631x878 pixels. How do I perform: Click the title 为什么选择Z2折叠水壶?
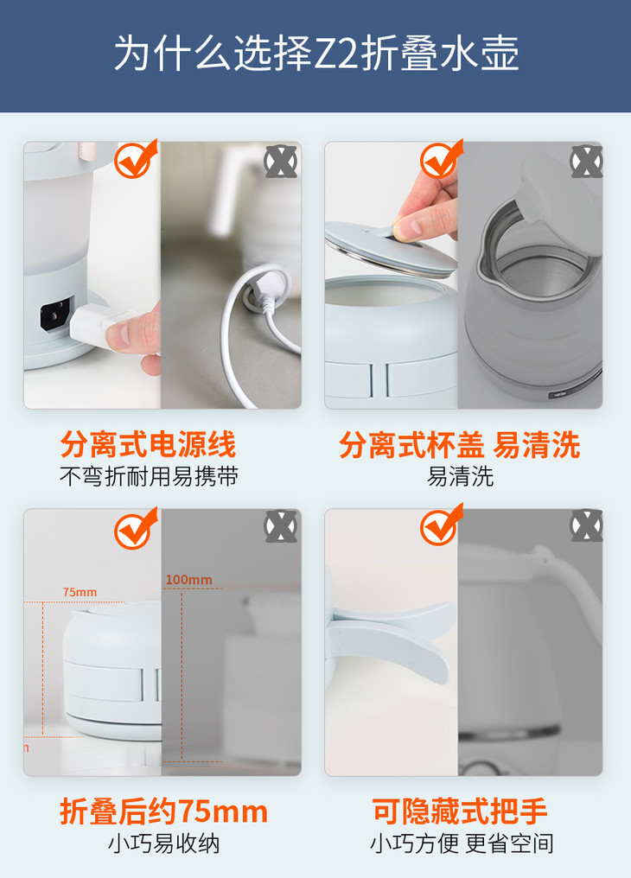coord(316,54)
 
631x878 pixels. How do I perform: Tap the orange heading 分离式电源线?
coord(149,444)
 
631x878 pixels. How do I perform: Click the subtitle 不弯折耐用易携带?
coord(149,476)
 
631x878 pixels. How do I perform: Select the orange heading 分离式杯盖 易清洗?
coord(460,444)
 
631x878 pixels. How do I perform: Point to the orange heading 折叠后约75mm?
coord(163,811)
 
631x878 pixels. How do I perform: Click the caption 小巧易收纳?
coord(163,843)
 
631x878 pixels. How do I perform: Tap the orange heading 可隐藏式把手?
coord(460,811)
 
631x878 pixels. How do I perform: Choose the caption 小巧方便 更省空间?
coord(462,843)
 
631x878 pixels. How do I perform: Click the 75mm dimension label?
coord(80,592)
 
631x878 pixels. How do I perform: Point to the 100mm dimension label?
coord(188,580)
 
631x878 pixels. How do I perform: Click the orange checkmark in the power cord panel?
coord(136,159)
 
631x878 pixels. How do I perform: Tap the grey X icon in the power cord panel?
coord(281,162)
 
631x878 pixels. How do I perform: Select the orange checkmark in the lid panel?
coord(441,159)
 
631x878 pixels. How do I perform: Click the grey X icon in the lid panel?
coord(586,162)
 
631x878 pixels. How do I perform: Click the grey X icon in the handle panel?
coord(586,525)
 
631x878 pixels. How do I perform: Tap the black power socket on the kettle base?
coord(55,315)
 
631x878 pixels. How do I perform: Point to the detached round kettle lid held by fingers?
coord(390,249)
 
